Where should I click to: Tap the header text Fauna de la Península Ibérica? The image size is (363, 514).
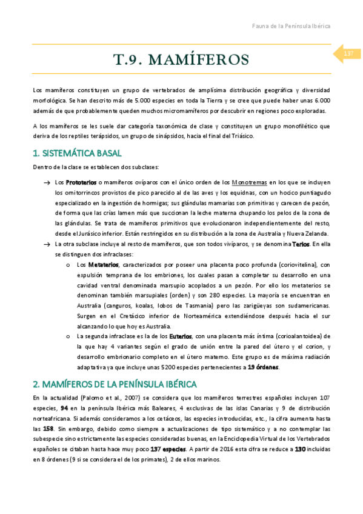(291, 26)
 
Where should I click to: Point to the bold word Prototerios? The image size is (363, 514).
(81, 182)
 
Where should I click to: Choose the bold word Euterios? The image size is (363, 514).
(181, 336)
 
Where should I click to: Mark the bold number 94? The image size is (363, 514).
(65, 409)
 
